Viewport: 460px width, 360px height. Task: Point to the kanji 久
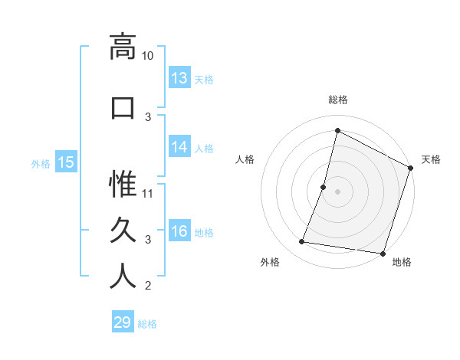pyautogui.click(x=122, y=230)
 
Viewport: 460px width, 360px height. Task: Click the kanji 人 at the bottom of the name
pyautogui.click(x=122, y=276)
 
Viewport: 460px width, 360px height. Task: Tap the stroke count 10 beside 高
pyautogui.click(x=148, y=56)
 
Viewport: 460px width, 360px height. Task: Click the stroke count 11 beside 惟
pyautogui.click(x=148, y=194)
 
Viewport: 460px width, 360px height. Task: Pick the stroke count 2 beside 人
pyautogui.click(x=148, y=286)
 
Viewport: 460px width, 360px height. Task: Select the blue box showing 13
pyautogui.click(x=179, y=78)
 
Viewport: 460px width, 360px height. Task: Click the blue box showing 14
pyautogui.click(x=179, y=147)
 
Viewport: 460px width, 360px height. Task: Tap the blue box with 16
pyautogui.click(x=179, y=231)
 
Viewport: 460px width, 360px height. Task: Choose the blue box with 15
pyautogui.click(x=66, y=162)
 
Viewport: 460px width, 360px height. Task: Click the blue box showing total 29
pyautogui.click(x=123, y=322)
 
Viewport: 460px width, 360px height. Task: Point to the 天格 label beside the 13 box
pyautogui.click(x=204, y=80)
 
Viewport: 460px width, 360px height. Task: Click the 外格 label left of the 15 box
pyautogui.click(x=41, y=163)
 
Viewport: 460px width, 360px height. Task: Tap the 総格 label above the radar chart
pyautogui.click(x=338, y=100)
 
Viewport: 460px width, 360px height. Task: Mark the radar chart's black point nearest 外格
pyautogui.click(x=302, y=242)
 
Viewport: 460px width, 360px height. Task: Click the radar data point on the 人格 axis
pyautogui.click(x=324, y=187)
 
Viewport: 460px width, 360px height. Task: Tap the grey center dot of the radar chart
pyautogui.click(x=337, y=191)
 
